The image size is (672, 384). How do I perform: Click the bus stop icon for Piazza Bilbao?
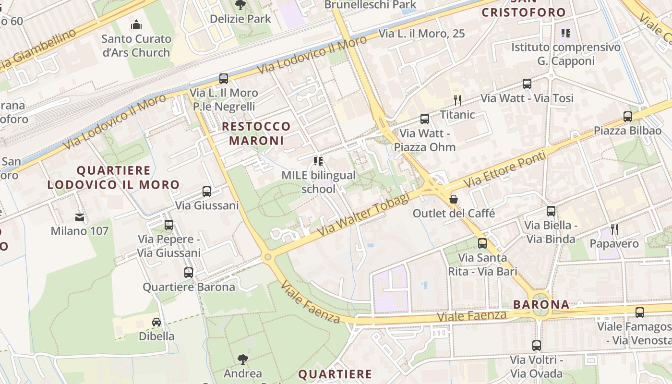tap(627, 116)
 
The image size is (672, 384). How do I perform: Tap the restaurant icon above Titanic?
tap(457, 100)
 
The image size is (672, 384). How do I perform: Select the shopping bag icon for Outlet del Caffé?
tap(453, 199)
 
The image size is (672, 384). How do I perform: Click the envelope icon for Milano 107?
tap(80, 217)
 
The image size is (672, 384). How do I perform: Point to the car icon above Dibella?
tap(156, 322)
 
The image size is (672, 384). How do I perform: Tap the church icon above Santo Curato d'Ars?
tap(136, 24)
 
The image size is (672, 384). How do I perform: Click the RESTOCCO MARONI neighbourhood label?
tap(256, 133)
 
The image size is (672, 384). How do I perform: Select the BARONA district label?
tap(541, 304)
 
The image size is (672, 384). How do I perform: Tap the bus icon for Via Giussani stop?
tap(207, 192)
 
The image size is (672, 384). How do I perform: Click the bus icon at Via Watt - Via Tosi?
tap(527, 84)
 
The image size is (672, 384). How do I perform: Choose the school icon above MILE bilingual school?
tap(318, 161)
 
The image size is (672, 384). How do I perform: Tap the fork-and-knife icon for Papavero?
tap(614, 229)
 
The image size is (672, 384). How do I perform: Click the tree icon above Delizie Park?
tap(240, 5)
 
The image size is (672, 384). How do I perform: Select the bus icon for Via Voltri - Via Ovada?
tap(536, 346)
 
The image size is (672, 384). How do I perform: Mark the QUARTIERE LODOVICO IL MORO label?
tap(113, 178)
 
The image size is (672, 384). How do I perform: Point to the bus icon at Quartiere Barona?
tap(189, 273)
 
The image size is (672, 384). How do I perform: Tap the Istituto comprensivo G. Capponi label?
tap(565, 54)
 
